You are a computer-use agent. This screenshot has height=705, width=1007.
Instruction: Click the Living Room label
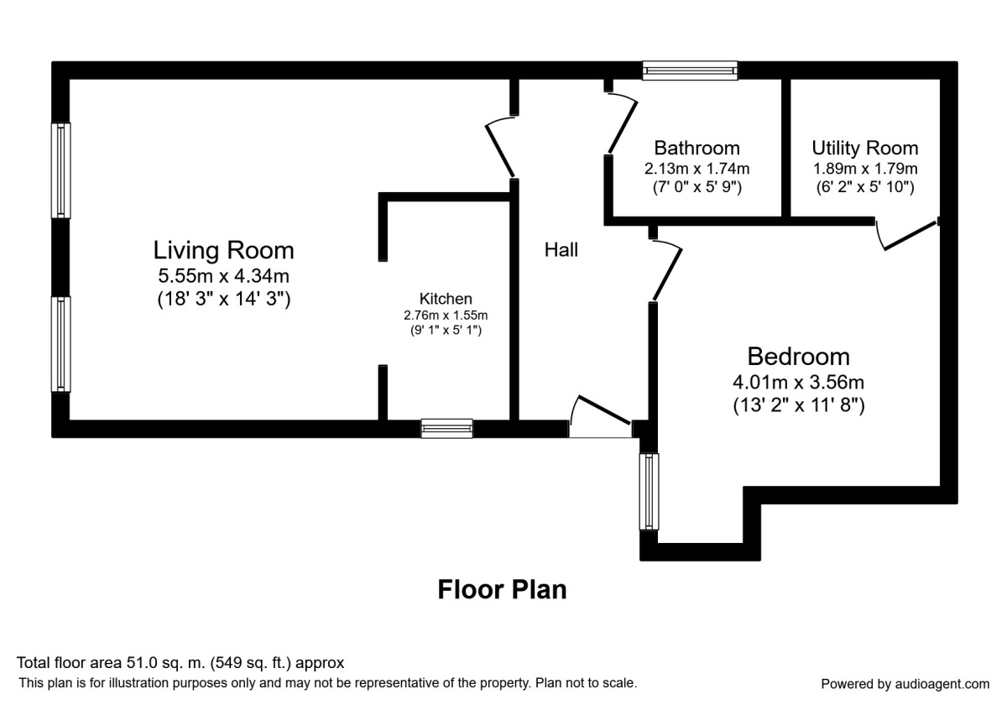(x=223, y=250)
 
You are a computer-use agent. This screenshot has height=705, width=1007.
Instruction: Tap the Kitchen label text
(x=446, y=299)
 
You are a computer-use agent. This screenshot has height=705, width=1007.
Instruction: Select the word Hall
(x=561, y=249)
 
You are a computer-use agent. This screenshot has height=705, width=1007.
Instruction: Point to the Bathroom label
(x=697, y=148)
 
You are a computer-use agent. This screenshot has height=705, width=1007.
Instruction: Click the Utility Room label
(x=865, y=148)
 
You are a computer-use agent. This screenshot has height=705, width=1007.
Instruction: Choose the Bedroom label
(x=798, y=357)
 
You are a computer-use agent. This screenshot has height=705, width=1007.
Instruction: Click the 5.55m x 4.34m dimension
(x=223, y=275)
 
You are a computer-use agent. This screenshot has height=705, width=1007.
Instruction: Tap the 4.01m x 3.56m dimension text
(x=798, y=382)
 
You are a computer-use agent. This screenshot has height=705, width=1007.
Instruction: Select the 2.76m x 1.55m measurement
(x=446, y=316)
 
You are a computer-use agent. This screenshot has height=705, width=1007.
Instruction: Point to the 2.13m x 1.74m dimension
(x=697, y=169)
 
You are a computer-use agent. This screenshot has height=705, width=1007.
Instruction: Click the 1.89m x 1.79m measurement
(x=865, y=169)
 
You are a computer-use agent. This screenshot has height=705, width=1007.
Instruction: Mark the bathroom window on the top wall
(x=690, y=70)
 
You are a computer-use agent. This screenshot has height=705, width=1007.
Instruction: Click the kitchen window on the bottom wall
(x=446, y=429)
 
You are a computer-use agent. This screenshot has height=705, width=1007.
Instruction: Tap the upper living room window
(x=60, y=170)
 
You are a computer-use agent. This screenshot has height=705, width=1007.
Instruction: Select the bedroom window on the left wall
(x=650, y=492)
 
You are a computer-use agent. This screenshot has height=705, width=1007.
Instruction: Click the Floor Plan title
(x=502, y=589)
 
